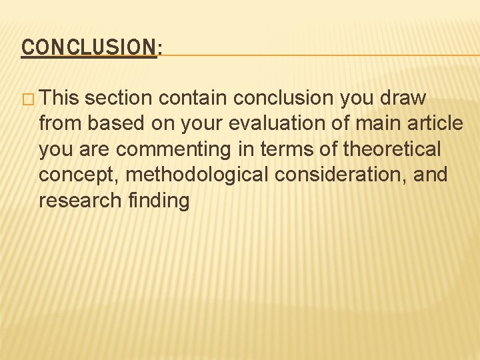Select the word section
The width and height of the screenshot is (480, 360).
point(120,98)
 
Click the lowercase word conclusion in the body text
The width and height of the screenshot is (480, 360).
point(284,98)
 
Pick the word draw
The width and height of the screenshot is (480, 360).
point(402,98)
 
